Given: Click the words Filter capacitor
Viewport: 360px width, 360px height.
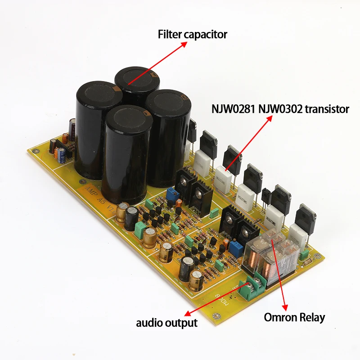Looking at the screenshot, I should (x=192, y=34).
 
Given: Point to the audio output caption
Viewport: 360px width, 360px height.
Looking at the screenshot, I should (x=167, y=323).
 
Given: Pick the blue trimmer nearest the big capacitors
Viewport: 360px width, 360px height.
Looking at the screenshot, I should (x=171, y=194).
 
